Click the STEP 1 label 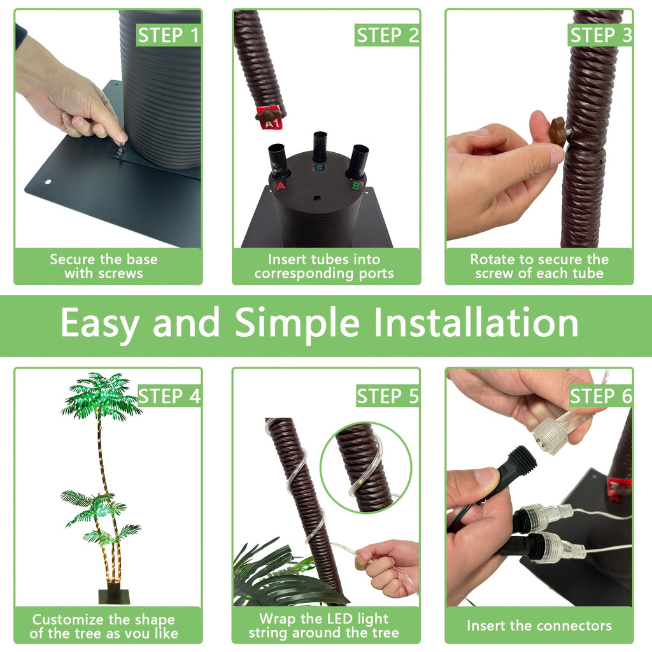tap(169, 36)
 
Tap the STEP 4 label tap(169, 396)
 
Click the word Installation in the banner tap(476, 323)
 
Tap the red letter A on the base tap(281, 186)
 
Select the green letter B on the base tap(356, 185)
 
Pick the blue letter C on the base tap(319, 167)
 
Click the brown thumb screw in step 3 tap(558, 132)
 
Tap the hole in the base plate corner tap(48, 182)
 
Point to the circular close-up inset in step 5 tap(365, 467)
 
